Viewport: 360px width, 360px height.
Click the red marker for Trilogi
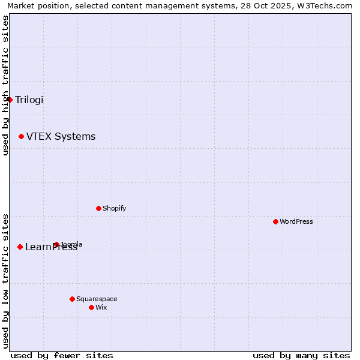(x=10, y=100)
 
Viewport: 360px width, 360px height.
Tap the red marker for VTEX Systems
(x=21, y=137)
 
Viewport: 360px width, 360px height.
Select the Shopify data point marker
(x=98, y=208)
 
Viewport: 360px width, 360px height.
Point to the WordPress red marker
(x=275, y=221)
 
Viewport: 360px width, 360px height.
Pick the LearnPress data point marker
(x=20, y=247)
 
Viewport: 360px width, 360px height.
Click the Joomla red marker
(x=56, y=244)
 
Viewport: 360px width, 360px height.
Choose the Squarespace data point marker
(x=72, y=299)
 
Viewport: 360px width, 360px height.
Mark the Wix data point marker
(x=91, y=307)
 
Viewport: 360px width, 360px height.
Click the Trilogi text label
(x=29, y=100)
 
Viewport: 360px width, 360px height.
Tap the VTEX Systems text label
(x=61, y=137)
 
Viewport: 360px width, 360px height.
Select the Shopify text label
(x=114, y=208)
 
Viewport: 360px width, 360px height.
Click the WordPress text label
(x=296, y=221)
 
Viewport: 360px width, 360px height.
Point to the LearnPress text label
(x=51, y=247)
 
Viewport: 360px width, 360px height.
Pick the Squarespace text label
(x=97, y=299)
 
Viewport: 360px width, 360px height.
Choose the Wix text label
(x=101, y=307)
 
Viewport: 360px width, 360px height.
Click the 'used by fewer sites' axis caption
(x=62, y=355)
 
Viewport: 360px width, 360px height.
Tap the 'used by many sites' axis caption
(x=301, y=355)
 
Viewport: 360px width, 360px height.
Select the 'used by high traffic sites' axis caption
(x=5, y=85)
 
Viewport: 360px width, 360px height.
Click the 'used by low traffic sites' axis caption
(x=5, y=280)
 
